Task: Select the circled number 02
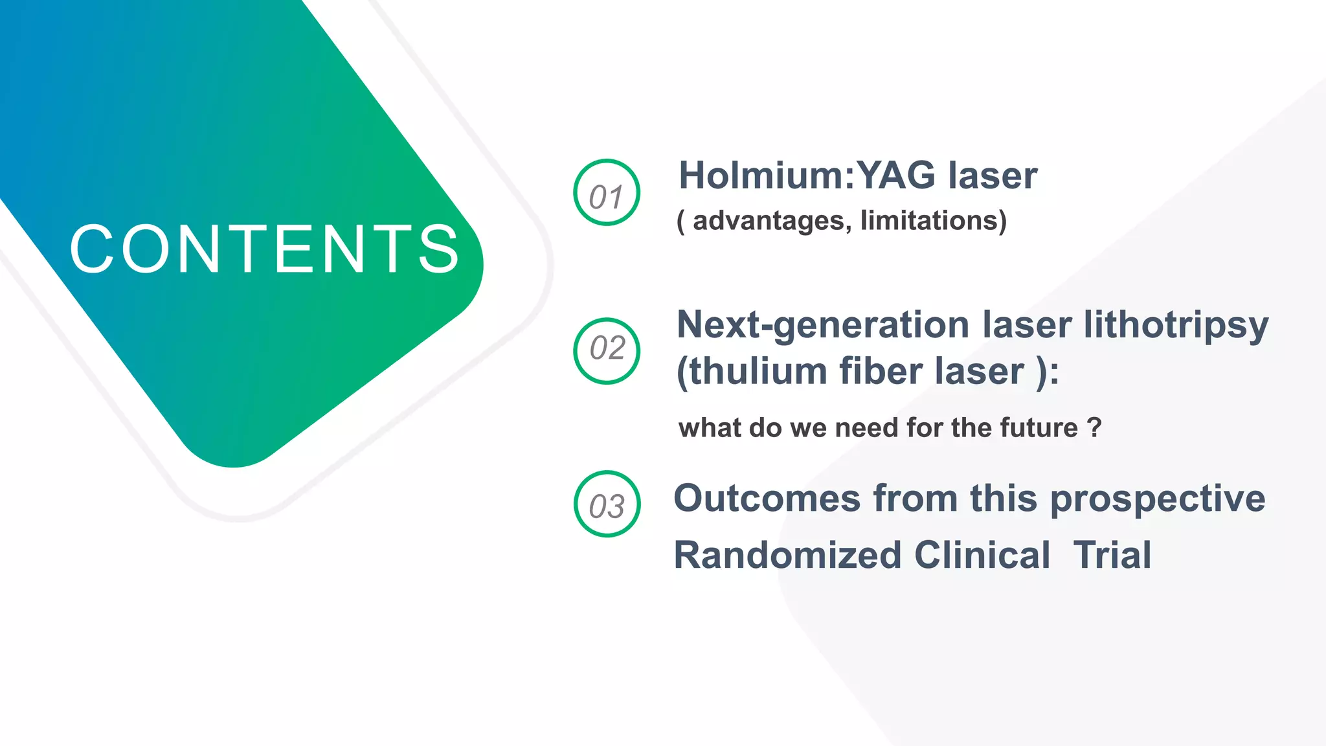pyautogui.click(x=607, y=350)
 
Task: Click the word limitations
pyautogui.click(x=932, y=221)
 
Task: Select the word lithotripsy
pyautogui.click(x=1176, y=326)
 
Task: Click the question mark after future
pyautogui.click(x=1094, y=428)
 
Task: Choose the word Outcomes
pyautogui.click(x=767, y=499)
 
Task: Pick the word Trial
pyautogui.click(x=1112, y=556)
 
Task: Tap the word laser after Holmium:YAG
pyautogui.click(x=992, y=175)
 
